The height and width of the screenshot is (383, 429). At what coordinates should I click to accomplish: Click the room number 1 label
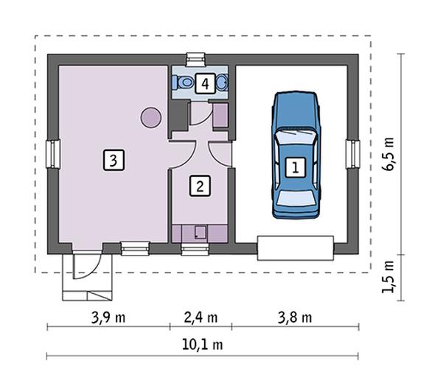coord(295,167)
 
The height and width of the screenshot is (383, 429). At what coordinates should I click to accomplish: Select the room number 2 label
coord(200,186)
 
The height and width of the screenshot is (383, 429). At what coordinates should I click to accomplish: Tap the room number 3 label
coord(114,160)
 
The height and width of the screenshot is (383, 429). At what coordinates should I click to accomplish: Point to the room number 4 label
coord(205,83)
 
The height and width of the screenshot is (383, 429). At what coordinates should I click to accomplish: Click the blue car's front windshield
coord(296,137)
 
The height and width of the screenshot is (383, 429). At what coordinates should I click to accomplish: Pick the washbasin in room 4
coord(222,82)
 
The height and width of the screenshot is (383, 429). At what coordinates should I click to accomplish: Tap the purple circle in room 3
coord(150,117)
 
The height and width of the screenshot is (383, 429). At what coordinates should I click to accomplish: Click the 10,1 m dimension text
coord(203,345)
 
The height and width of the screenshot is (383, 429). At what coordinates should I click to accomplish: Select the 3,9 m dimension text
coord(108,317)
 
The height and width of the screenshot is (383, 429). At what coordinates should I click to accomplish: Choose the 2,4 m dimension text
coord(200,317)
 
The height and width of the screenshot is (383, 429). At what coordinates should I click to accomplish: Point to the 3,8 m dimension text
coord(295,317)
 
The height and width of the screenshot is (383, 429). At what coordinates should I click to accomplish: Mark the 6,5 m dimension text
coord(388,154)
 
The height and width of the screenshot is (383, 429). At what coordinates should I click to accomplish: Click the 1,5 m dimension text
coord(388,277)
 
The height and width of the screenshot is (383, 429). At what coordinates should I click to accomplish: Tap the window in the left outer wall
coord(53,154)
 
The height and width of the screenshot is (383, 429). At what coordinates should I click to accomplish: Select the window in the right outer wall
coord(352,154)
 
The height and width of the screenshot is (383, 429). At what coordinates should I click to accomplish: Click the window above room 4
coord(195,60)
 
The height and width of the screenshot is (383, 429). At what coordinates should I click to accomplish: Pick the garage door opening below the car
coord(296,248)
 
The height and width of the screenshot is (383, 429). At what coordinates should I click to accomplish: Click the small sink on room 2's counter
coord(200,232)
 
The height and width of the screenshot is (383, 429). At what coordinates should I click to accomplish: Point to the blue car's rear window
coord(296,198)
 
